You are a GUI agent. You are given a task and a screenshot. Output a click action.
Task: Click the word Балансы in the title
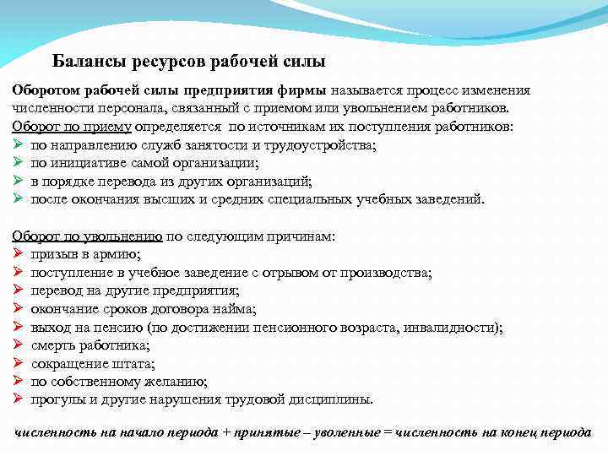pyautogui.click(x=86, y=62)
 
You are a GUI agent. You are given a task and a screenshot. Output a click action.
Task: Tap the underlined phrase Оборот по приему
pyautogui.click(x=72, y=127)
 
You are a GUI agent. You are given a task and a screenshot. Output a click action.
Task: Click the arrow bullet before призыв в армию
pyautogui.click(x=18, y=254)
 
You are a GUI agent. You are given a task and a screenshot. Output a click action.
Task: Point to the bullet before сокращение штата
pyautogui.click(x=18, y=363)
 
